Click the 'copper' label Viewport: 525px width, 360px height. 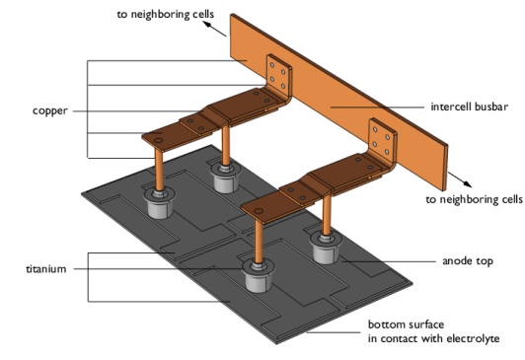[x=50, y=111]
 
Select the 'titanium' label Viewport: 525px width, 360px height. [x=46, y=269]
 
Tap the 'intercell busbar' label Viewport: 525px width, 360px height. [x=470, y=107]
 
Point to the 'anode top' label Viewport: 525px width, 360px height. [x=468, y=261]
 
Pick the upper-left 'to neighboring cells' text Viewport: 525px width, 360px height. [x=166, y=15]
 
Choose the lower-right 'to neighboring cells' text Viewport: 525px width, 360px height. [x=474, y=200]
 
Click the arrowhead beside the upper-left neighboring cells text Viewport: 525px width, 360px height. [x=207, y=24]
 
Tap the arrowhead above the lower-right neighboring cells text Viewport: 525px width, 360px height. [x=468, y=183]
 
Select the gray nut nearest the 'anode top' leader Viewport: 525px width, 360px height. [x=326, y=249]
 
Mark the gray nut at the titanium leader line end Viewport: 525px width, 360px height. [x=259, y=277]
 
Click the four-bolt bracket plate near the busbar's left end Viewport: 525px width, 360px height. [x=278, y=75]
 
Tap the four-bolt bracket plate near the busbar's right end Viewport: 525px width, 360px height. [x=382, y=139]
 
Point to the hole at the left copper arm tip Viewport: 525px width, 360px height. [x=157, y=140]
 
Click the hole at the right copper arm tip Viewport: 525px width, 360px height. [x=258, y=211]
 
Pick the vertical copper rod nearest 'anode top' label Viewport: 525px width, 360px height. [x=327, y=215]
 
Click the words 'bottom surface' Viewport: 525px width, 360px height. [x=407, y=324]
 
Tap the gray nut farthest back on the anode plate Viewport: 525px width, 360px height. [x=226, y=177]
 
